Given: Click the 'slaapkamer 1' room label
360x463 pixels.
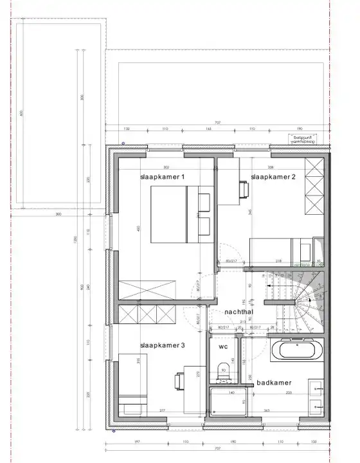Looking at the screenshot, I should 163,177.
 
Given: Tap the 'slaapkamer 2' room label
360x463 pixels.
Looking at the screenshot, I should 273,177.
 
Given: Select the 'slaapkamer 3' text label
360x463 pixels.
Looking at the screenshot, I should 163,346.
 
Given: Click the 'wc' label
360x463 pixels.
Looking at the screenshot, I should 223,347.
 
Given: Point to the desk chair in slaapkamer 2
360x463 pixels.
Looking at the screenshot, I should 244,188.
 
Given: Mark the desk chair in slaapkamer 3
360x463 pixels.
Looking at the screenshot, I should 178,381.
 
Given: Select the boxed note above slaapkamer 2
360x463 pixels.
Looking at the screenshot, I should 302,138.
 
